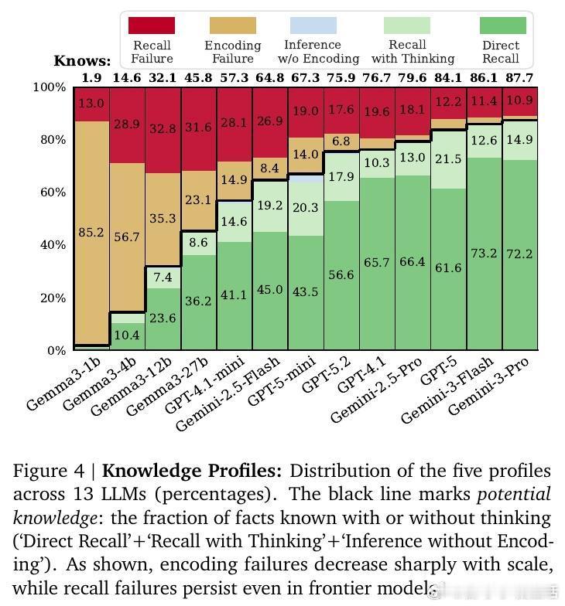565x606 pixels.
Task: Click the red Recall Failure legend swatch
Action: [x=152, y=26]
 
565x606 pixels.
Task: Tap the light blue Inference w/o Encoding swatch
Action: [x=313, y=26]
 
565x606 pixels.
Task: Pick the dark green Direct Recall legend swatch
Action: [x=502, y=26]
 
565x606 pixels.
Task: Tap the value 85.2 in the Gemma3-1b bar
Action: [x=91, y=232]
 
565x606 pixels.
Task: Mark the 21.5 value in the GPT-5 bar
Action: [x=448, y=159]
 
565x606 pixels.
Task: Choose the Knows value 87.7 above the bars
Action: [x=519, y=78]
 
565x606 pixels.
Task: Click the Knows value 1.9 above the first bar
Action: [x=91, y=78]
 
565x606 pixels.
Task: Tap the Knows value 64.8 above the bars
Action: [x=269, y=78]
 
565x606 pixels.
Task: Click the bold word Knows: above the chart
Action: [x=82, y=61]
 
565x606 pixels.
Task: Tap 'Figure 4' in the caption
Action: [x=51, y=472]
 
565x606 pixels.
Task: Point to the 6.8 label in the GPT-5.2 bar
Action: [x=341, y=142]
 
